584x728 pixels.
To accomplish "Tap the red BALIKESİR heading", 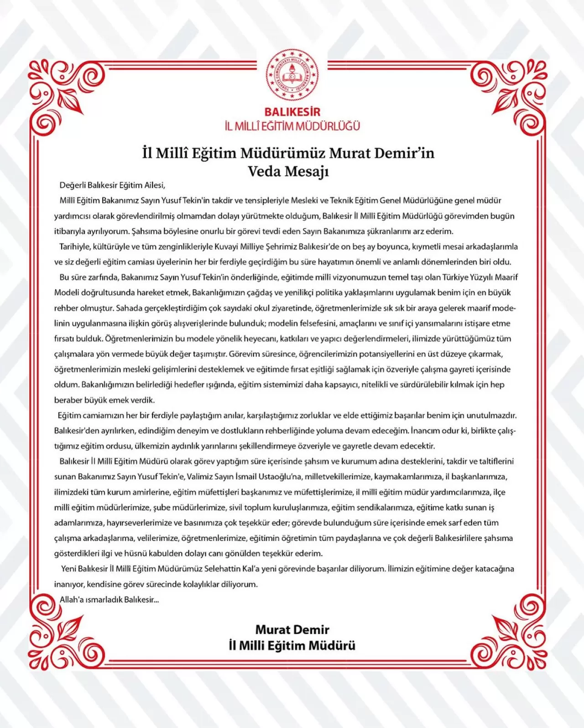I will tap(292, 112).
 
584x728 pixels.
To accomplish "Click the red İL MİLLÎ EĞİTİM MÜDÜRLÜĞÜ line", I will tap(292, 126).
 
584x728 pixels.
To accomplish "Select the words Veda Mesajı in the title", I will tap(288, 172).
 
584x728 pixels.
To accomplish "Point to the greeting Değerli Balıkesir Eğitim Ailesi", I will tap(112, 185).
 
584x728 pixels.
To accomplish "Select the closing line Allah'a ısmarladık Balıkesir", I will tap(109, 600).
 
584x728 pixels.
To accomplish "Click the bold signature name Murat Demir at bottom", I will tap(292, 630).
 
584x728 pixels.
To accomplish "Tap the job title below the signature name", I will tap(292, 646).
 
